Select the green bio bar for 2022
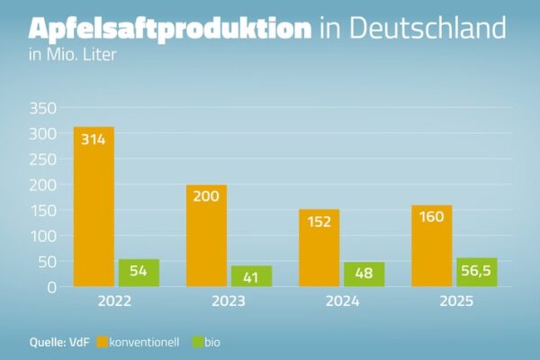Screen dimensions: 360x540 point(139,273)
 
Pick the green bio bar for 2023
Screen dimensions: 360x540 point(251,276)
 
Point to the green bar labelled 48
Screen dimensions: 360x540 point(364,274)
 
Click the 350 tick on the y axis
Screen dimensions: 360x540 point(44,108)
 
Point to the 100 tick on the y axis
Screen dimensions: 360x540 point(44,236)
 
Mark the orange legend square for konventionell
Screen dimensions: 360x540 point(103,342)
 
